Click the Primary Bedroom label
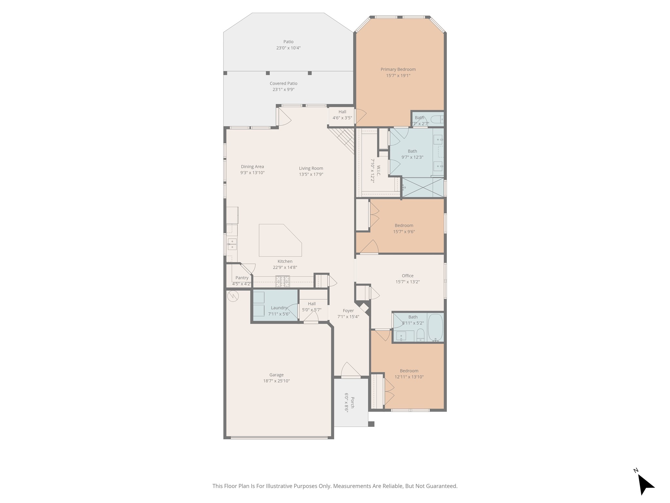click(398, 69)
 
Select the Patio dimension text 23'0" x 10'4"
click(288, 48)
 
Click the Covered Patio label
click(283, 84)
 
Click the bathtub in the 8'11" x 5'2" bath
click(435, 327)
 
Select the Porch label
click(352, 402)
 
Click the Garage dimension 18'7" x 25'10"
click(276, 381)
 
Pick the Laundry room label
click(279, 308)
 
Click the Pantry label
click(242, 278)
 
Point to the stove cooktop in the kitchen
click(282, 281)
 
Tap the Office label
click(408, 276)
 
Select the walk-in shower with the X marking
click(422, 187)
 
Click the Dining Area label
click(252, 167)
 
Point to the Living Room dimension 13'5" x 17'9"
click(311, 175)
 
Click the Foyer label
click(348, 311)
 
